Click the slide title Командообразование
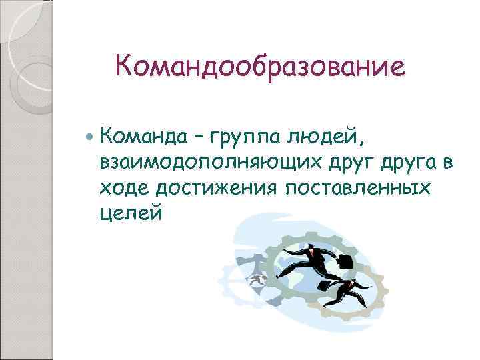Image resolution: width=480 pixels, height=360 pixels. coord(260,67)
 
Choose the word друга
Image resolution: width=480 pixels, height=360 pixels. coord(410,163)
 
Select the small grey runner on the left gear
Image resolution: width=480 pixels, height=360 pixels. coord(254,281)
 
